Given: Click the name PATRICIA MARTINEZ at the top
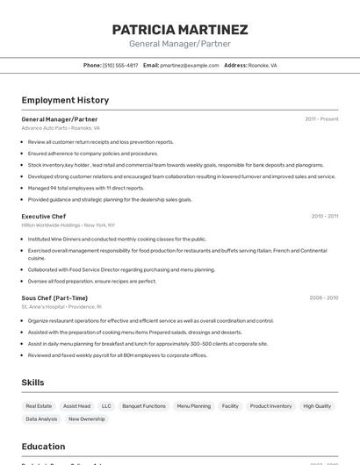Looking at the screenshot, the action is click(180, 30).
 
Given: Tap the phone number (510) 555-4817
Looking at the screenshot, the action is click(120, 65).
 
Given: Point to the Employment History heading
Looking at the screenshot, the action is click(65, 100).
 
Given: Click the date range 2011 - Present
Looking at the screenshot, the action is click(321, 119).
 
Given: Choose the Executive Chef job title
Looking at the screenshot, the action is click(44, 216).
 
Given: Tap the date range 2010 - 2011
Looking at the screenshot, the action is click(324, 216).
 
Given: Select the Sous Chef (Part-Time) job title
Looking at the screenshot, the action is click(55, 298).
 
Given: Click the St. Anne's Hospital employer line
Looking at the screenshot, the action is click(61, 307).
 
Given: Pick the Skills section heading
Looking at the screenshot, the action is click(32, 383).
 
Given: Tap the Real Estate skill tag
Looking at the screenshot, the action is click(39, 406).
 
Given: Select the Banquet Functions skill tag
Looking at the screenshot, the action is click(144, 406).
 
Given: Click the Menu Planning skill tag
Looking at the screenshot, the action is click(193, 406).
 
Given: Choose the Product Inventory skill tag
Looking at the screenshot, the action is click(270, 406).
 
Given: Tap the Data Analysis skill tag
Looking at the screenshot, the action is click(41, 419).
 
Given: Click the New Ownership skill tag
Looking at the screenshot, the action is click(87, 419).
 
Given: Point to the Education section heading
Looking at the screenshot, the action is click(43, 447).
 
